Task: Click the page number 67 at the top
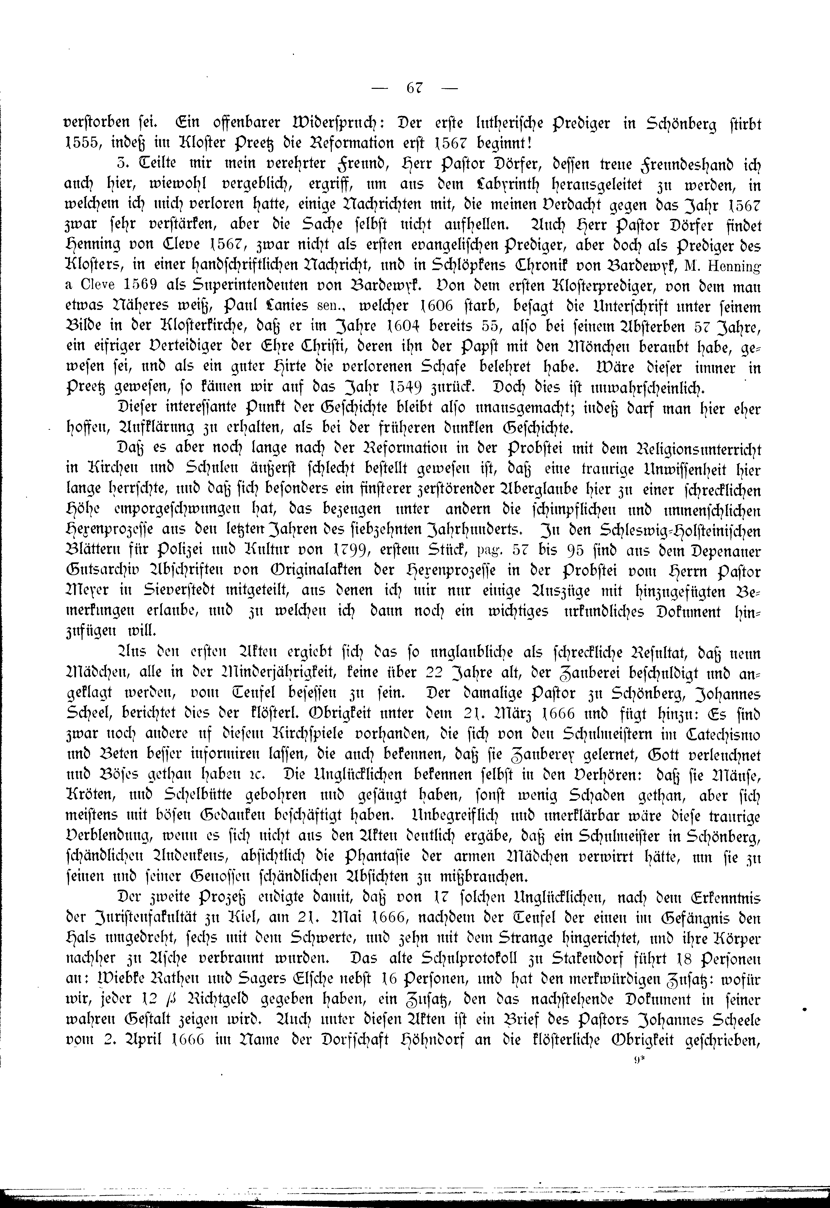tap(414, 88)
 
